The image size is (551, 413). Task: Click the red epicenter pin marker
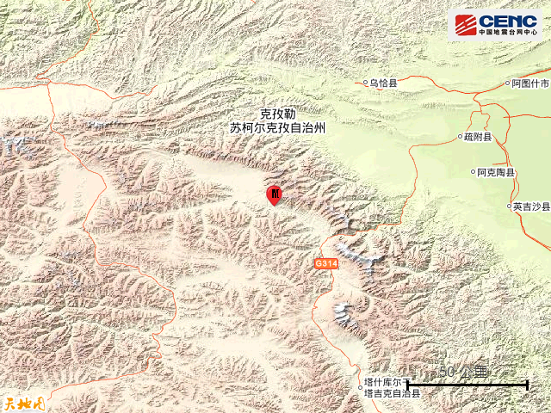click(x=274, y=195)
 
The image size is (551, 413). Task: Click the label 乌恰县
click(x=384, y=83)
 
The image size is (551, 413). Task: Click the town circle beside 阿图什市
click(x=505, y=84)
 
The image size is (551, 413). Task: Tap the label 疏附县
click(x=477, y=137)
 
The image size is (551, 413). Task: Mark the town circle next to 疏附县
click(x=459, y=137)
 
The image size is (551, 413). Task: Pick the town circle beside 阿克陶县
click(x=474, y=172)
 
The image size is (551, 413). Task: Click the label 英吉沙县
click(x=531, y=206)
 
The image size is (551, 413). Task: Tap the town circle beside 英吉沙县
click(x=509, y=206)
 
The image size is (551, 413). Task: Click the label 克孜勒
click(x=277, y=114)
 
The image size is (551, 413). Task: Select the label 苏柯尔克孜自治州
click(x=278, y=127)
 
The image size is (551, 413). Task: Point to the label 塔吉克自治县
click(x=392, y=393)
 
